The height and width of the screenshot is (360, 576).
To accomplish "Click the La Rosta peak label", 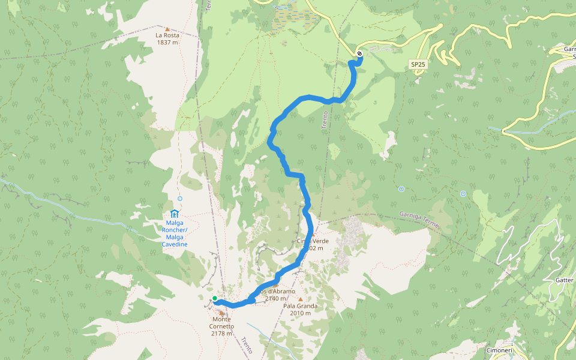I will pos(167,35).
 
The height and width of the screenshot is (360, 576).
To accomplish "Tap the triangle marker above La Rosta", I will pos(167,28).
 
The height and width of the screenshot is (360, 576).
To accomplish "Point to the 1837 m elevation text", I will pos(167,43).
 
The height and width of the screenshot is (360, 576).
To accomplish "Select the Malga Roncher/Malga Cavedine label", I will pos(175,233).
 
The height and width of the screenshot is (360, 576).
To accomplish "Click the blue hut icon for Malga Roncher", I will pos(175,214).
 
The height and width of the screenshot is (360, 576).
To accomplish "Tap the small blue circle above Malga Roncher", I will pos(180,199).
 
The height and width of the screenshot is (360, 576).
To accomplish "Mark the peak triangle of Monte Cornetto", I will pos(221,313).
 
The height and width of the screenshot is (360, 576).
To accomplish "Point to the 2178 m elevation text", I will pos(221,334).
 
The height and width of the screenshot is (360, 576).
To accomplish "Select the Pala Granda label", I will pos(300,305).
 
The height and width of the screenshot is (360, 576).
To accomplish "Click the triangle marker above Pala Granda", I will pos(300,298).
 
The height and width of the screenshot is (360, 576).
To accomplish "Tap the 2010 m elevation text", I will pos(300,313).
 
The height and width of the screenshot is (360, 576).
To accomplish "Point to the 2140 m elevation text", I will pos(275,298).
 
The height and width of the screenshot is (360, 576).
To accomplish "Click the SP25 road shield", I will pos(418,64).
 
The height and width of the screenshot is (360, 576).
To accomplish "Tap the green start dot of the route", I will pos(215,298).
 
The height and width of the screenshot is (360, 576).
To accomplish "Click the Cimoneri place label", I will pos(499,350).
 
